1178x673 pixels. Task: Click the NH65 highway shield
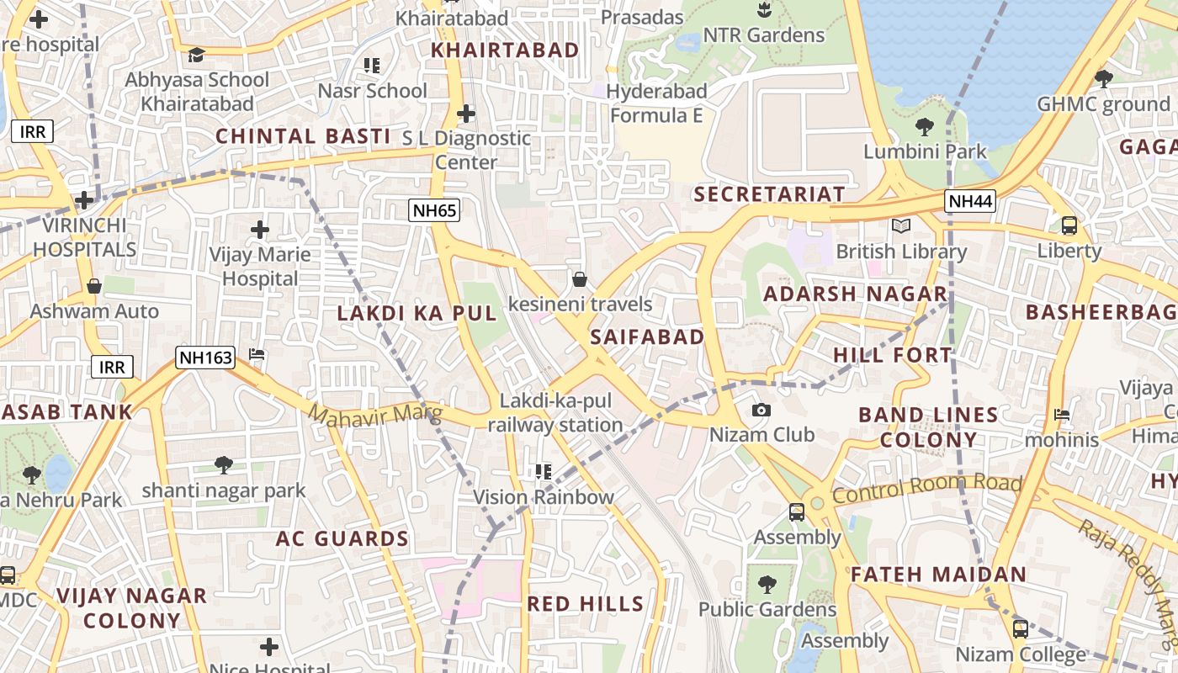(435, 210)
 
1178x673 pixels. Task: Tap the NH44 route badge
(970, 201)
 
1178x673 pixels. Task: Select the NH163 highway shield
(205, 358)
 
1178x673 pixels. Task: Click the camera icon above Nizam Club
(761, 410)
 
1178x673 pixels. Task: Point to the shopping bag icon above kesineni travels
(579, 278)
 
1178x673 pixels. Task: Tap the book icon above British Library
(901, 225)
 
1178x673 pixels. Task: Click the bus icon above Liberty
(1069, 225)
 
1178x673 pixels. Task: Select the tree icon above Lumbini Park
(925, 127)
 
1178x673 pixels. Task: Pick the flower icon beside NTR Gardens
(763, 10)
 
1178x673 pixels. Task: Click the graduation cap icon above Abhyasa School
(196, 55)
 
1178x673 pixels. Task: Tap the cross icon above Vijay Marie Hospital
(260, 229)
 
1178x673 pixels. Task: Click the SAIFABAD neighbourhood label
(647, 337)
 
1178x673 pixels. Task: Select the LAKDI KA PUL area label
(417, 313)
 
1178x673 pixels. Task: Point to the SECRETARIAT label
(769, 194)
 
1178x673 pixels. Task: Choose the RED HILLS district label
(585, 603)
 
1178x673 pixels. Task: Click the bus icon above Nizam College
(1020, 628)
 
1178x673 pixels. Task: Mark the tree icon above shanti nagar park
(224, 464)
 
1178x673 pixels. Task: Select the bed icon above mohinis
(1062, 415)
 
